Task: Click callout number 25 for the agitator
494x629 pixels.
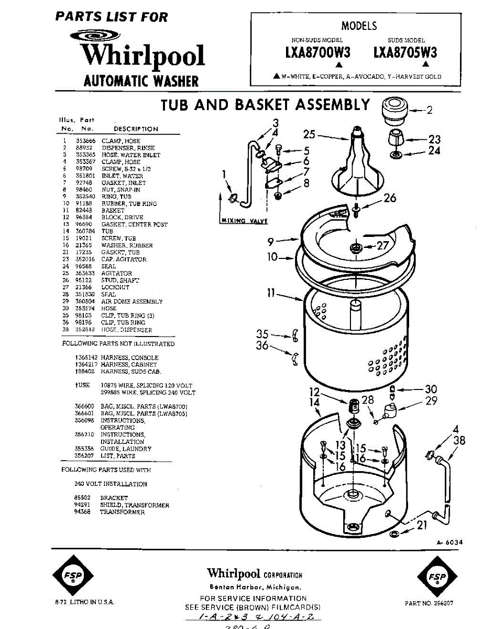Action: (309, 134)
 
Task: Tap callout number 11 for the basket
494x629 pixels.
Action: (270, 294)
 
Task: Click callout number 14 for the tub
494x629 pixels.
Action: (314, 403)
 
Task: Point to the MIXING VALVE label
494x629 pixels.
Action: (243, 221)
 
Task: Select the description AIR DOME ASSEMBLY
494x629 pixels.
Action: (131, 301)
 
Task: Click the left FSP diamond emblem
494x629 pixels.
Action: (70, 577)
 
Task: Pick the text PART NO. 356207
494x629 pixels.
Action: (429, 603)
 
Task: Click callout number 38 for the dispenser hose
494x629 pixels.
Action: (459, 441)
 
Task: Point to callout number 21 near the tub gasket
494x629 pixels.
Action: (421, 525)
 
